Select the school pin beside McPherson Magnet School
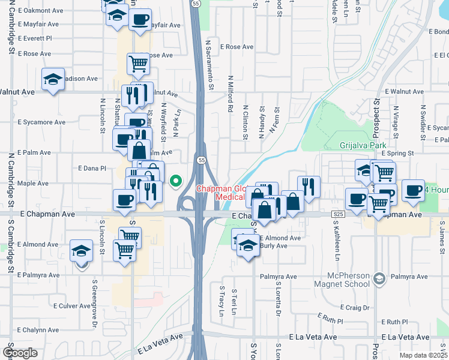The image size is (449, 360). tap(379, 278)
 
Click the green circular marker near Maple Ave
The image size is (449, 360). tap(176, 180)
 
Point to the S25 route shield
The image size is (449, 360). tap(339, 214)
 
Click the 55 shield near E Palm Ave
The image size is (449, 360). tap(202, 160)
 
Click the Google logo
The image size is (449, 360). tap(19, 353)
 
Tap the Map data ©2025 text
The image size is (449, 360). tap(423, 355)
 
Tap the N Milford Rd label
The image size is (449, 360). tap(230, 94)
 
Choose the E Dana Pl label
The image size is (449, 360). tap(92, 169)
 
